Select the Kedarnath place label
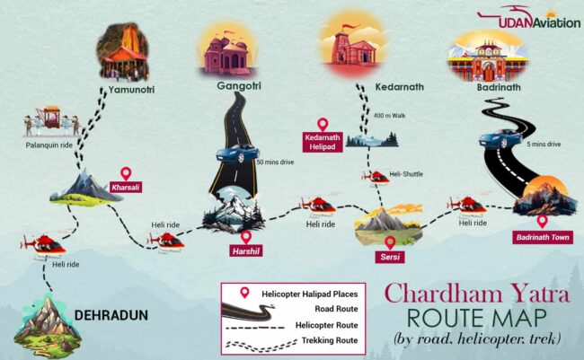(x=395, y=87)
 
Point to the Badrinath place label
(x=500, y=88)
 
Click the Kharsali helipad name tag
(x=127, y=188)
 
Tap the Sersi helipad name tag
(x=390, y=257)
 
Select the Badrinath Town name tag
(x=543, y=238)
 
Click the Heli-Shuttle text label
(x=406, y=173)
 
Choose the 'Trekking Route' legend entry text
(x=330, y=340)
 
